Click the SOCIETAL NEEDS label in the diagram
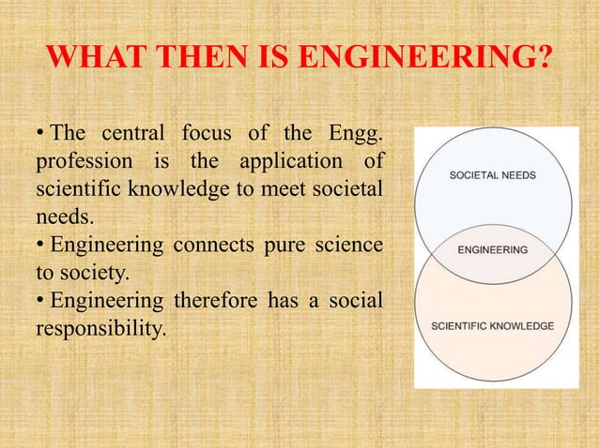coord(492,175)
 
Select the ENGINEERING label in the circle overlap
coord(492,250)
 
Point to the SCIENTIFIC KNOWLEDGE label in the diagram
coord(492,326)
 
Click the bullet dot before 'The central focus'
coord(40,138)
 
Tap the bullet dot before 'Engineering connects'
coord(40,246)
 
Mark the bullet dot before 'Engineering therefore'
coord(40,301)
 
